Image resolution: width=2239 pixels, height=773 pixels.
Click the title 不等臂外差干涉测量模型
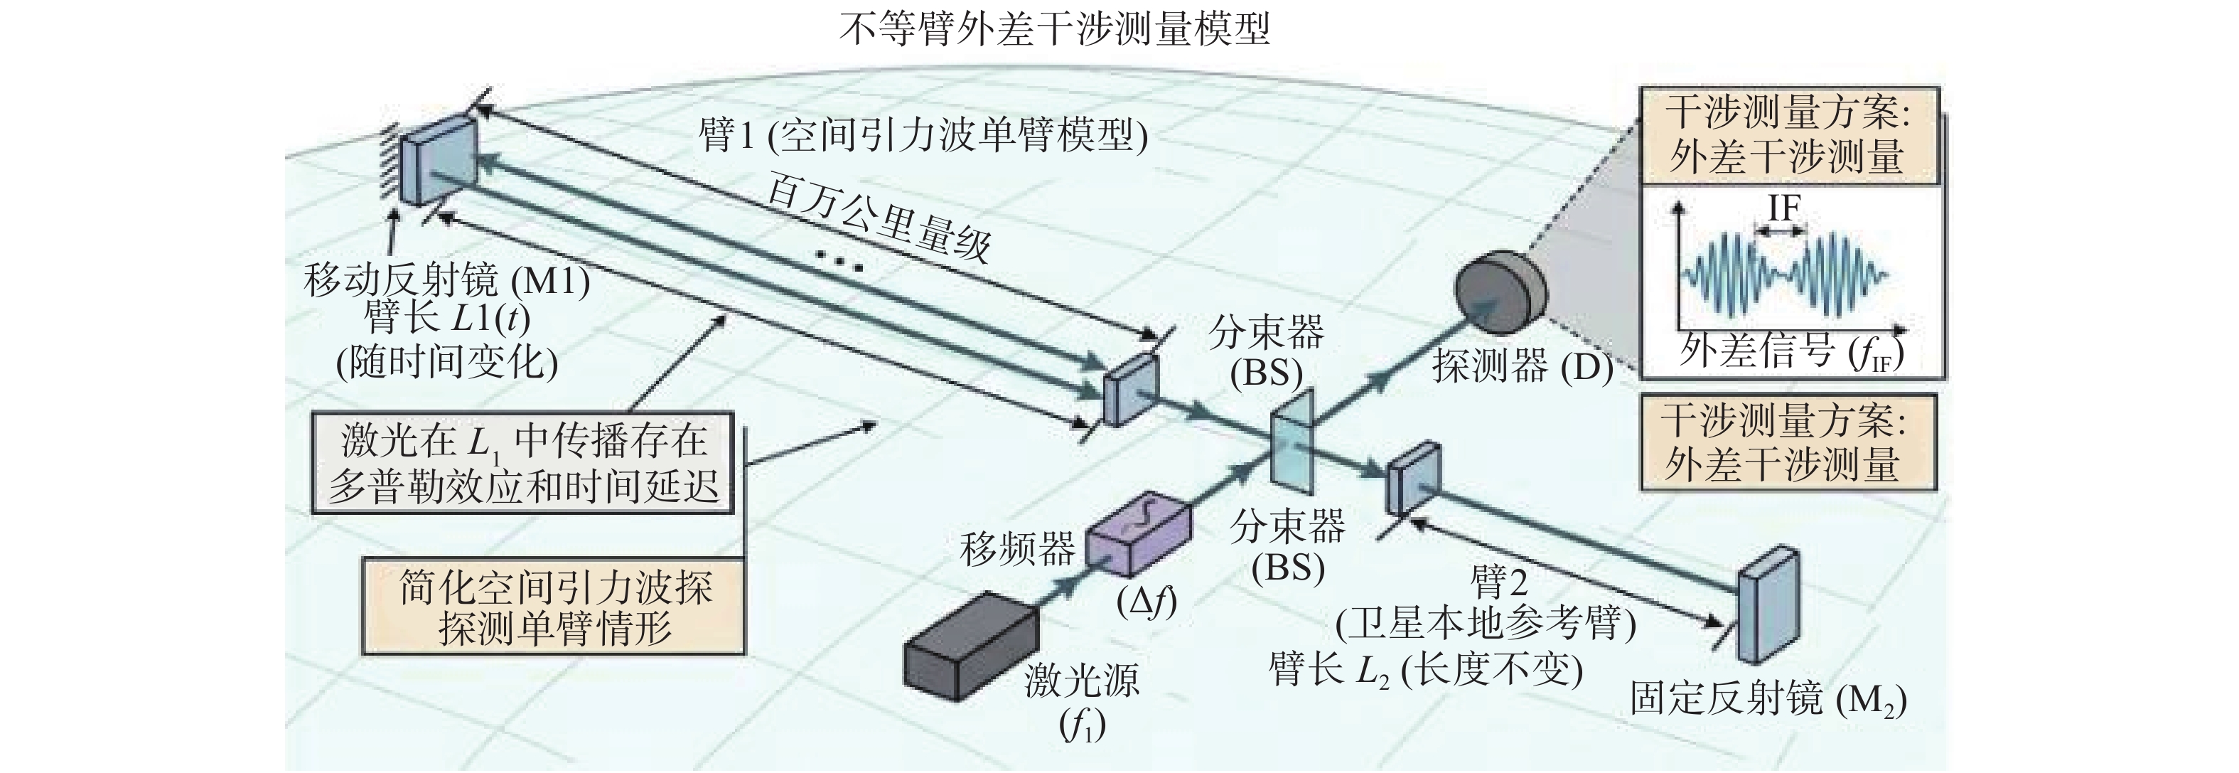[x=1054, y=28]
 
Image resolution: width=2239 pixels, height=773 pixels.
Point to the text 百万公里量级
[x=878, y=218]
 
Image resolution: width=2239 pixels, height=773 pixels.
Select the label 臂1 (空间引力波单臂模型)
[x=923, y=136]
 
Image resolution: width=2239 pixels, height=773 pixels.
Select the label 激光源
[x=1081, y=679]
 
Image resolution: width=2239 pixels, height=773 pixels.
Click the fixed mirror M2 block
[x=1768, y=604]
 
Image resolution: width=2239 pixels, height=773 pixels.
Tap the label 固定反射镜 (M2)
[x=1768, y=699]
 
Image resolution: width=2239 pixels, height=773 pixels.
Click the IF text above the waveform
[x=1783, y=208]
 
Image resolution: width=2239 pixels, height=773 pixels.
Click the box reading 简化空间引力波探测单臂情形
[x=554, y=607]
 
